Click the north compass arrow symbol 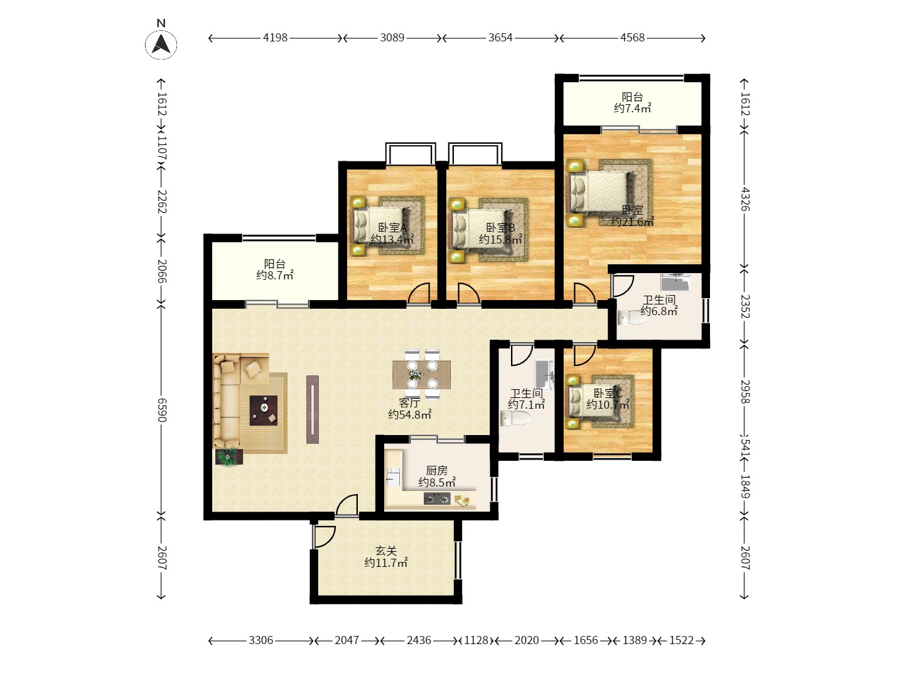[x=161, y=45]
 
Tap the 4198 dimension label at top [x=275, y=38]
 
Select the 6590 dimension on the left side [x=161, y=410]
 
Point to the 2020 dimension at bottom [x=526, y=640]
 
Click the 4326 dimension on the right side [x=745, y=199]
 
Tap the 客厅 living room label [x=409, y=402]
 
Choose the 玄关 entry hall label [x=386, y=551]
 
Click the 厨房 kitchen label [x=436, y=470]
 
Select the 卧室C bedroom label [x=608, y=393]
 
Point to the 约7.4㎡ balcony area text [x=632, y=108]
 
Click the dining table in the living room [x=421, y=375]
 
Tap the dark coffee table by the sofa [x=263, y=411]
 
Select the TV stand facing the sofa [x=313, y=409]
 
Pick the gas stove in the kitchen [x=436, y=499]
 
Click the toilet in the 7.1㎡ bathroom [x=515, y=419]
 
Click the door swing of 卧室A [x=419, y=294]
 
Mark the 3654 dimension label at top [x=500, y=38]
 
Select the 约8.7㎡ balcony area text [x=275, y=275]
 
